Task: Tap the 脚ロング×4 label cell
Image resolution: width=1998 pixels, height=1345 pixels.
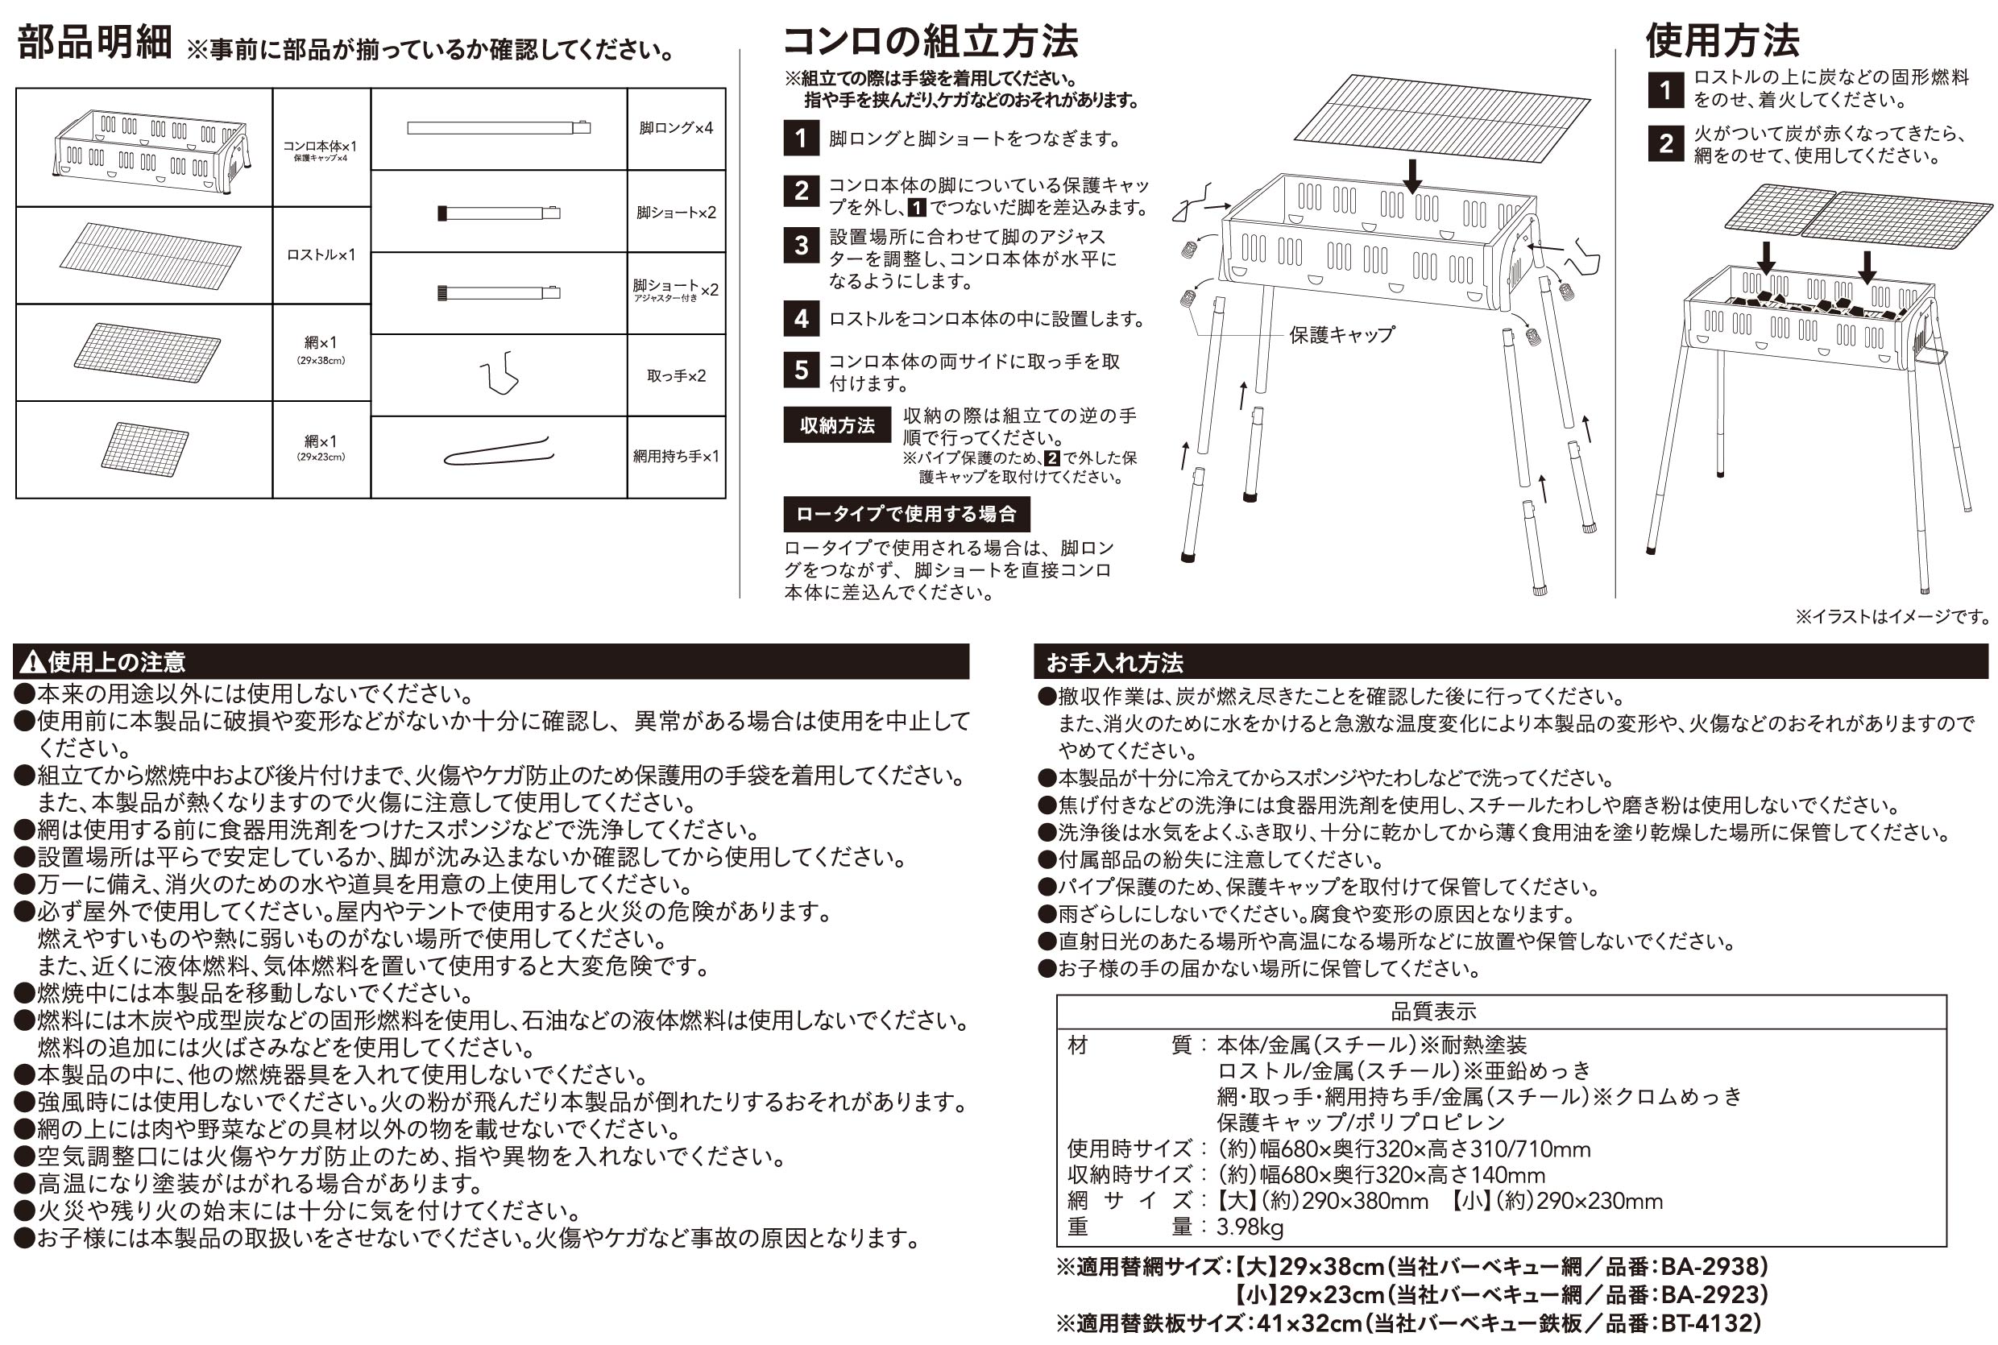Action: (x=675, y=129)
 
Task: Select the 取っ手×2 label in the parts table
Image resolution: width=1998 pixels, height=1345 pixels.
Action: (x=675, y=375)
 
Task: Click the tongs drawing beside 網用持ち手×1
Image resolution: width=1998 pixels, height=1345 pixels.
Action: (x=498, y=452)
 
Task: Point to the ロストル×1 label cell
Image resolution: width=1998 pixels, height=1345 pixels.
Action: (x=321, y=255)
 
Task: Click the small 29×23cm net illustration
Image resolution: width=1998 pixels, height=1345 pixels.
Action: (x=144, y=449)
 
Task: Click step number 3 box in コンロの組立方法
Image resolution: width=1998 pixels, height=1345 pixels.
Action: (x=800, y=246)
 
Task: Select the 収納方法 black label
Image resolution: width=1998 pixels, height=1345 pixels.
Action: (x=836, y=425)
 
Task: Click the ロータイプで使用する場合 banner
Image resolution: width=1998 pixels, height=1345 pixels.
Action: (x=906, y=514)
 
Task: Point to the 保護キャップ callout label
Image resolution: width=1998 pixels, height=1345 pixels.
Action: (x=1341, y=335)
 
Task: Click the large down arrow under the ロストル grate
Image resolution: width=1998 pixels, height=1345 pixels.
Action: (x=1411, y=175)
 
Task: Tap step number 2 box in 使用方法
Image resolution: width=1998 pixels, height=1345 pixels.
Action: (x=1664, y=143)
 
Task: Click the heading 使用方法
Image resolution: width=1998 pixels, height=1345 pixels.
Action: (x=1722, y=40)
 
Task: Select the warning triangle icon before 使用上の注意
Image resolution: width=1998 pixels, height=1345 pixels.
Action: (x=31, y=662)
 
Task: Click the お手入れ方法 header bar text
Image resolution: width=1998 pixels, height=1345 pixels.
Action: (x=1113, y=663)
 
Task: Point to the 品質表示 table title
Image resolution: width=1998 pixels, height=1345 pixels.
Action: (x=1432, y=1012)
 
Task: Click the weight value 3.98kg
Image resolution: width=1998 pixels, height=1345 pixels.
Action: (x=1250, y=1227)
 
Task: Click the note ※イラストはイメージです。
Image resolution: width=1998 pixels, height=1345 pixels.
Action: (x=1892, y=617)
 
